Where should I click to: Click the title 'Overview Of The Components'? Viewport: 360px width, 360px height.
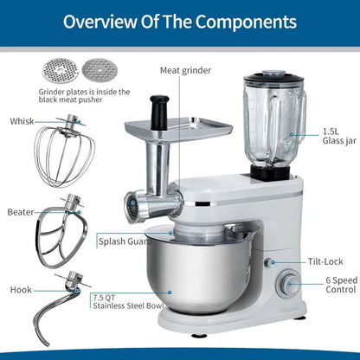pos(180,21)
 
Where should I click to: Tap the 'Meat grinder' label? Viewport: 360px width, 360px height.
pos(185,69)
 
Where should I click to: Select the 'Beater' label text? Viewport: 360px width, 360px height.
pos(21,211)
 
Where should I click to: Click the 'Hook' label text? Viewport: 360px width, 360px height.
pos(21,290)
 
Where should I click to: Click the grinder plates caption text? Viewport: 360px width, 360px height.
pos(83,95)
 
